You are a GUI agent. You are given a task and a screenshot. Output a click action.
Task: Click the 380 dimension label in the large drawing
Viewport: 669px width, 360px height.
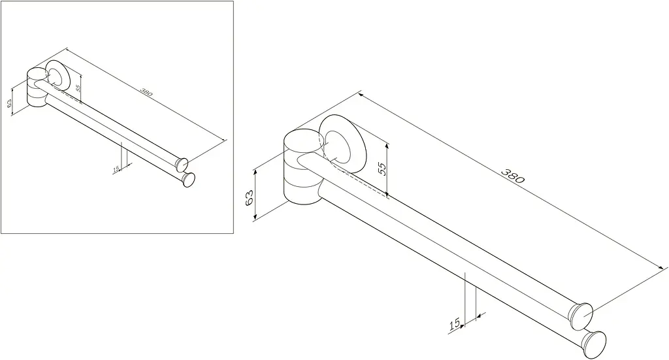[x=512, y=176]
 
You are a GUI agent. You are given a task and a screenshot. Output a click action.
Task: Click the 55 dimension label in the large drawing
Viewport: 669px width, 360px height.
[x=382, y=169]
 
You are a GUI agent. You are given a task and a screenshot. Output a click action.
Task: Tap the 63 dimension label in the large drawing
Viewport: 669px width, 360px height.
[x=250, y=197]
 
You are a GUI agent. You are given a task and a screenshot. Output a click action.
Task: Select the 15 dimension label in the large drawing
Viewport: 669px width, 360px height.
[x=455, y=324]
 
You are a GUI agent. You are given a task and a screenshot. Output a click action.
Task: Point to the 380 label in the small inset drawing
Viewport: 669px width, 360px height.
[x=146, y=91]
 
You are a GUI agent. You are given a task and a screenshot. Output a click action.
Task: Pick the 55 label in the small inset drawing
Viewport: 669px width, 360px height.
[x=78, y=88]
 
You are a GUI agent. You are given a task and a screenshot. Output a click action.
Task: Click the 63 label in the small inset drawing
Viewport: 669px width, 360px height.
[x=9, y=103]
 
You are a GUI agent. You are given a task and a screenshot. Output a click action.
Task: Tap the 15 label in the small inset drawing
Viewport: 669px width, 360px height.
[x=116, y=169]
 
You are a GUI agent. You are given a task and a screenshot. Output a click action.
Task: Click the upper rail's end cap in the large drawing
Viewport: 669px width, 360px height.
[x=581, y=316]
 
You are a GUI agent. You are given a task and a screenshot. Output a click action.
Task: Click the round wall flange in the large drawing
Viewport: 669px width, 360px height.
[x=342, y=144]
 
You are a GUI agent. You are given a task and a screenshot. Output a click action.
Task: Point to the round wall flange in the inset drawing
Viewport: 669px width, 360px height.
[x=57, y=76]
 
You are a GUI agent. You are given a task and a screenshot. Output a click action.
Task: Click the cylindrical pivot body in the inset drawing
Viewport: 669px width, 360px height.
[x=37, y=88]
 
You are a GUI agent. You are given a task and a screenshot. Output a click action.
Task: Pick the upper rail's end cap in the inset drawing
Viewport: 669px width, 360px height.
[x=182, y=163]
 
